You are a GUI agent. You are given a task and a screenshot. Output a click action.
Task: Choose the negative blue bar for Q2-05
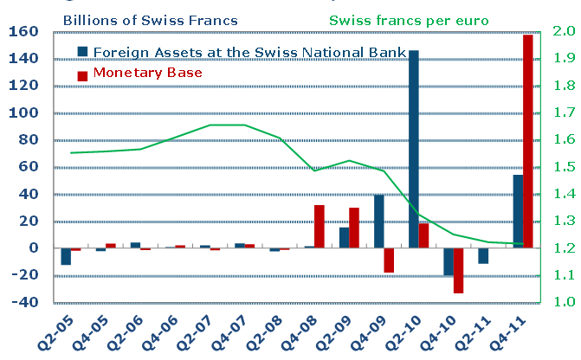tap(66, 256)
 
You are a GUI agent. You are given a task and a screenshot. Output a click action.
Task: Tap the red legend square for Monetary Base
tap(82, 74)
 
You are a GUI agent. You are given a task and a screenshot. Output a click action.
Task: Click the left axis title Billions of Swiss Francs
tap(165, 18)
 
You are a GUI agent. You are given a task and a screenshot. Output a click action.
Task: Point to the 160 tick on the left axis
tap(23, 32)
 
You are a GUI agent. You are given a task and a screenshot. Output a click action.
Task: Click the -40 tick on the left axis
tap(23, 303)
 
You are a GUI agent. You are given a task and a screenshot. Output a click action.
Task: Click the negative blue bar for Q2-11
tap(483, 256)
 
